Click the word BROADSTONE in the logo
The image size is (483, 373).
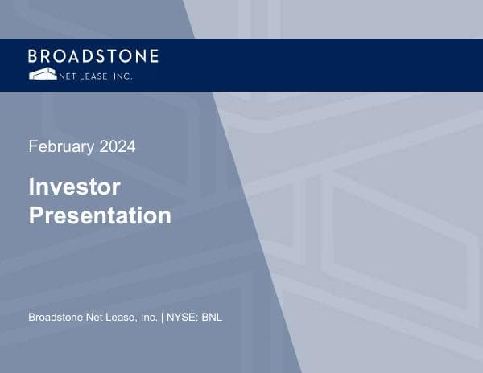click(93, 56)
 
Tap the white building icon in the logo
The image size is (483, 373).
click(43, 74)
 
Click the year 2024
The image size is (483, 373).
click(118, 146)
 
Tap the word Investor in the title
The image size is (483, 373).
click(74, 186)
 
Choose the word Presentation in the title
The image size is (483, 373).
click(100, 215)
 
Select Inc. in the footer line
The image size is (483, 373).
click(150, 318)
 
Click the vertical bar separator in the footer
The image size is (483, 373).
click(163, 318)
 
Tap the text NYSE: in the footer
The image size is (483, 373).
click(183, 318)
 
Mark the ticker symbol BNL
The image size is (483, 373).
click(212, 318)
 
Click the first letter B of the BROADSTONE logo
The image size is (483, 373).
click(33, 56)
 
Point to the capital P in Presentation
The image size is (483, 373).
click(35, 215)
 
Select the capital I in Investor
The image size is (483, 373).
click(31, 186)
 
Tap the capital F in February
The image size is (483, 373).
click(32, 147)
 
